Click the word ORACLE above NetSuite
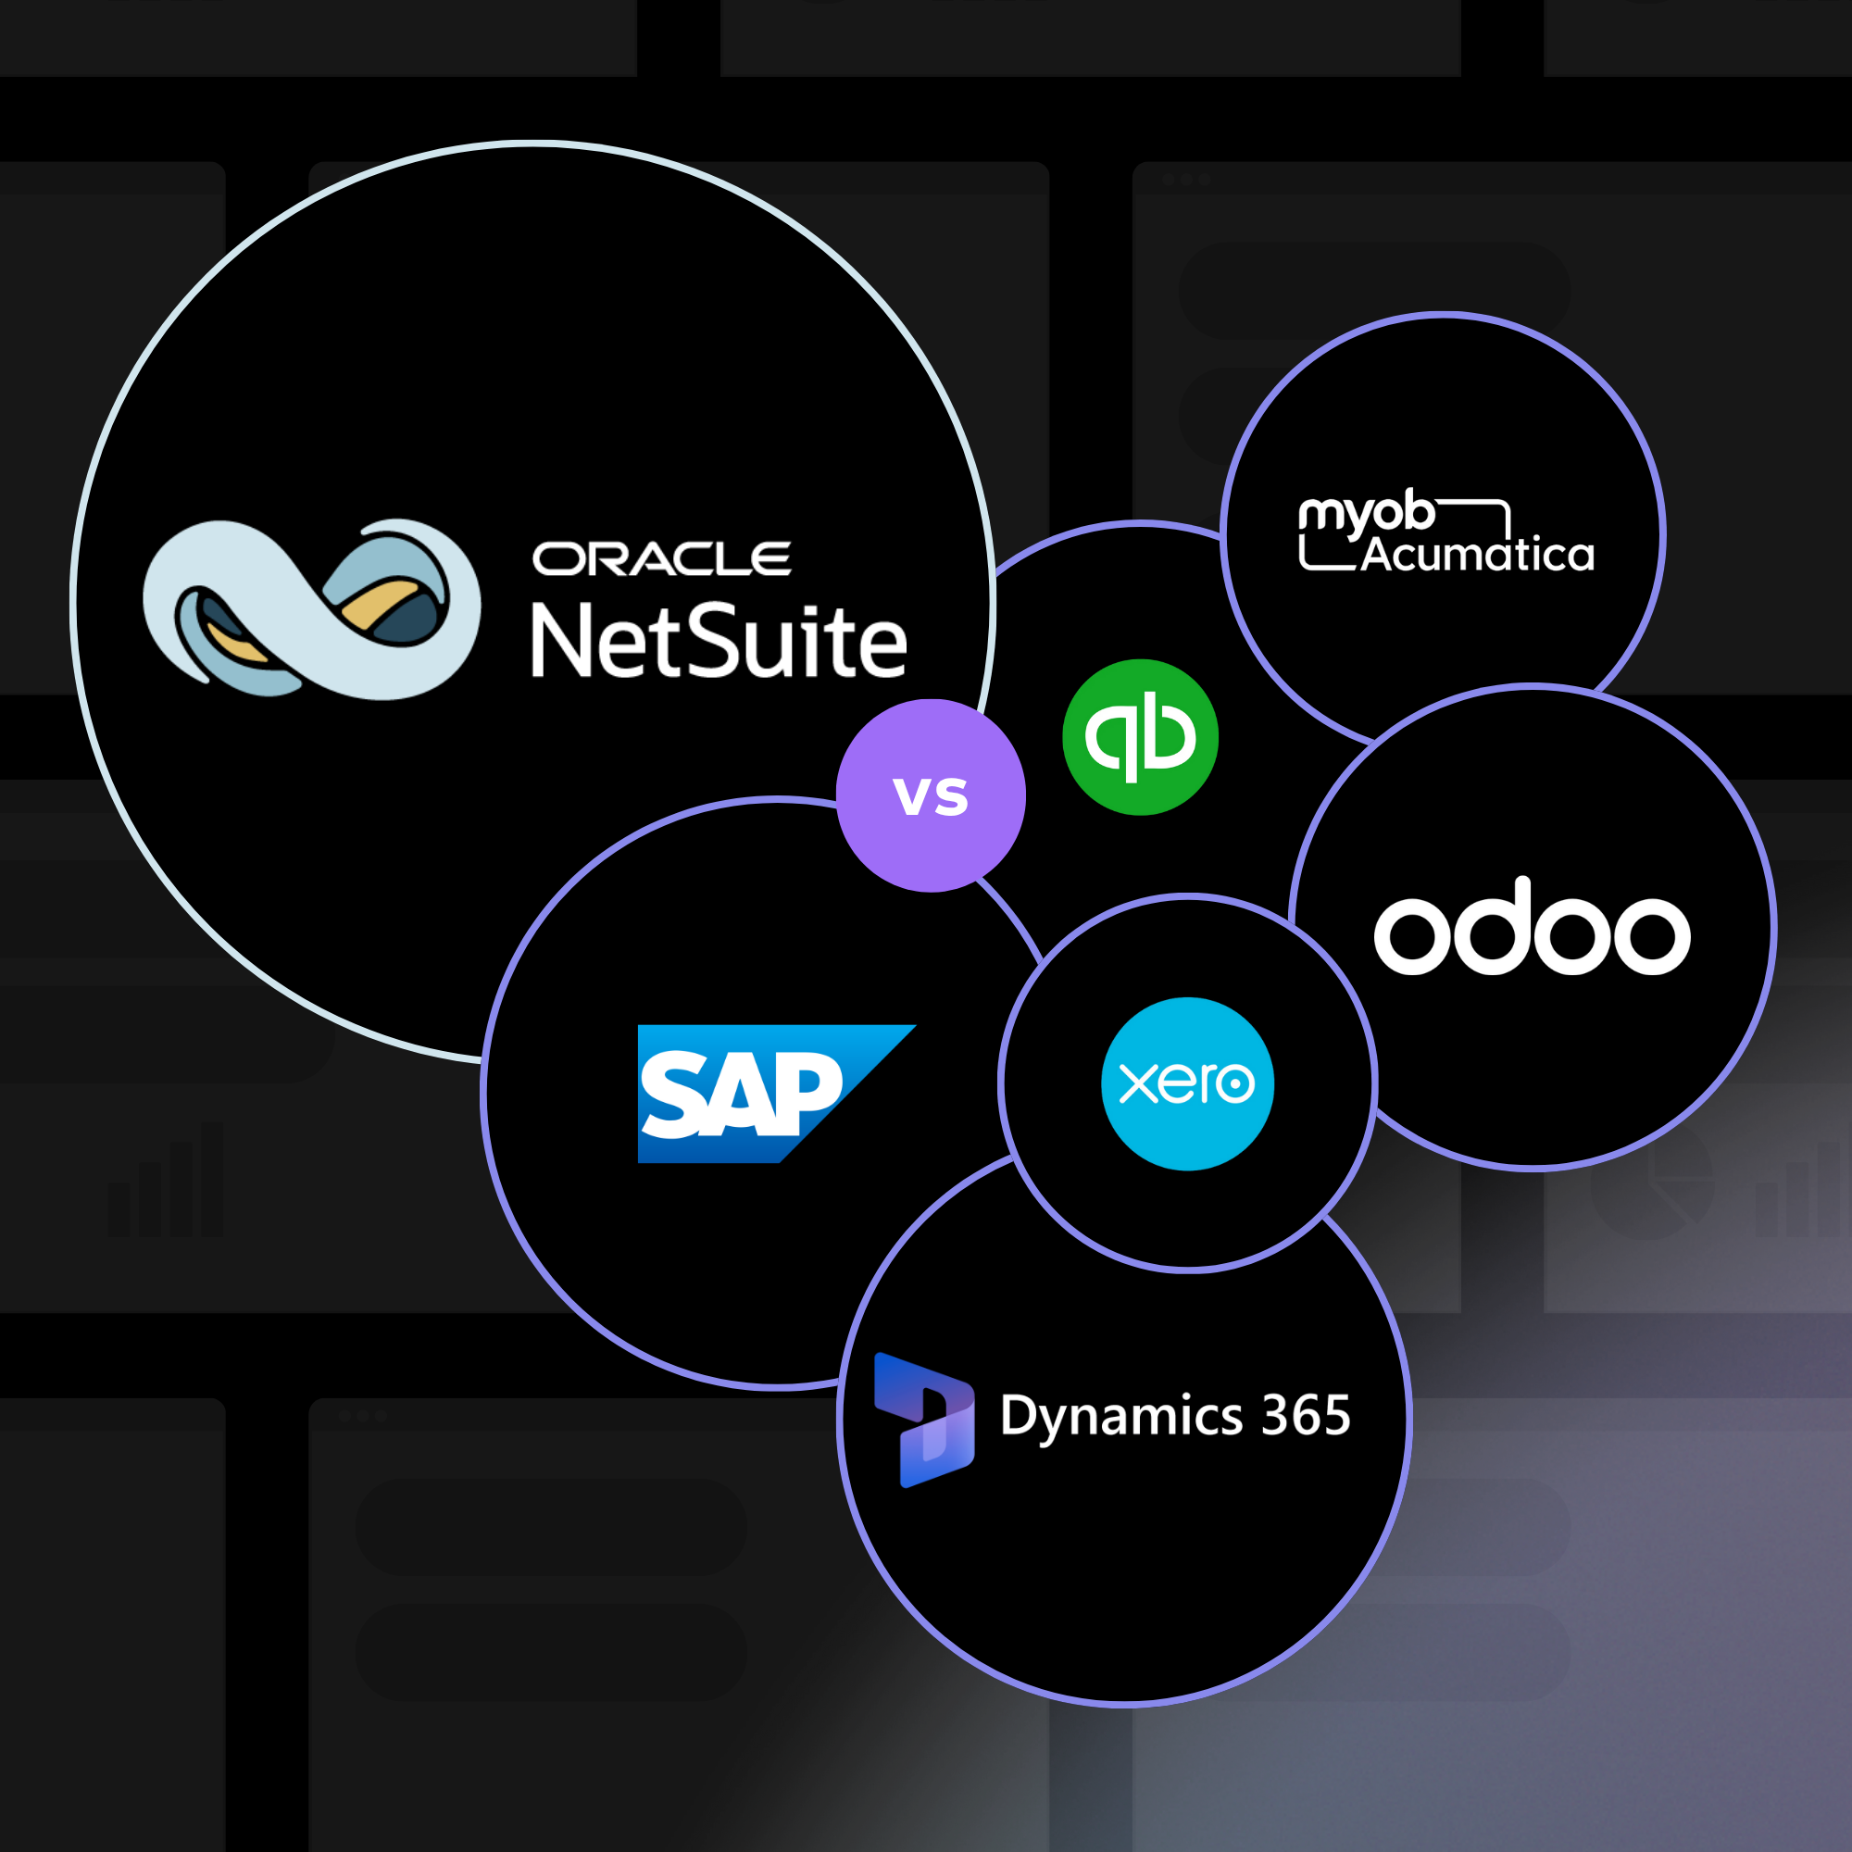[x=661, y=559]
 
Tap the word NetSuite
[x=718, y=642]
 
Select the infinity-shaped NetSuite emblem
[x=310, y=609]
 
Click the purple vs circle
[x=931, y=795]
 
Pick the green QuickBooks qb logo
[x=1140, y=737]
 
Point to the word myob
[x=1366, y=516]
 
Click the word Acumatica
[x=1477, y=555]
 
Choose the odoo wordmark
[x=1531, y=928]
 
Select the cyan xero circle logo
[x=1187, y=1083]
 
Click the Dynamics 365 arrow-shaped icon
[x=924, y=1420]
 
